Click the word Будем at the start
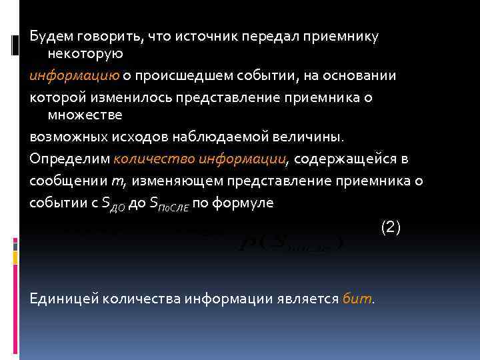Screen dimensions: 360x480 point(49,36)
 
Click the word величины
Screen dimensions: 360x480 point(314,137)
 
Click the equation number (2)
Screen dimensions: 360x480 point(390,227)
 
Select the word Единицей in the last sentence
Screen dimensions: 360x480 point(63,298)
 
